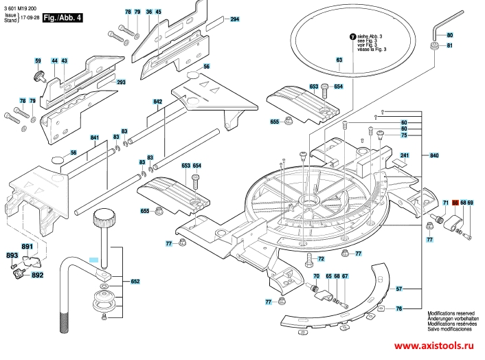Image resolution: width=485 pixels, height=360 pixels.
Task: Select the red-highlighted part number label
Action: (x=455, y=203)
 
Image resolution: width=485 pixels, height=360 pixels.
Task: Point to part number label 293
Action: (x=122, y=82)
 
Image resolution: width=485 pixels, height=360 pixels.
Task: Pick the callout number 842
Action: (x=158, y=102)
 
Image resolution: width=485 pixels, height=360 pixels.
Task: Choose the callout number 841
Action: (x=95, y=138)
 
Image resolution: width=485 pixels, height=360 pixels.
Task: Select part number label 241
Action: (x=405, y=156)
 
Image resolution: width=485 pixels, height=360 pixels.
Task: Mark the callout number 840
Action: (x=434, y=156)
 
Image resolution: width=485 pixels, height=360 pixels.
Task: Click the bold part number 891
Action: (x=27, y=247)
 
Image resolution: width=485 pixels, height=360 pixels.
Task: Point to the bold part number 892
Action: (x=37, y=275)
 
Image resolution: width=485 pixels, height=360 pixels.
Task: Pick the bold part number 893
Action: (x=12, y=256)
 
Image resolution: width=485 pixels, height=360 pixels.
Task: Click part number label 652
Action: (x=135, y=281)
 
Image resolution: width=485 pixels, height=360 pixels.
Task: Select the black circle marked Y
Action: (x=353, y=36)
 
